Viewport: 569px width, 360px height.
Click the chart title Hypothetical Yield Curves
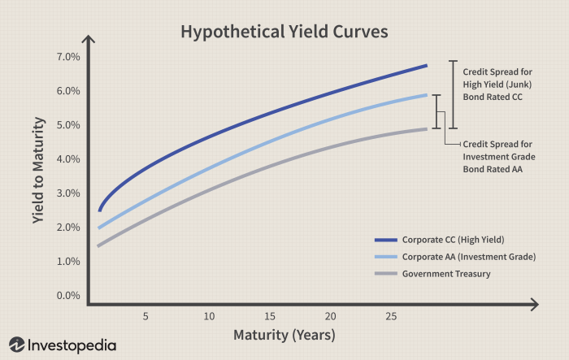[x=284, y=32]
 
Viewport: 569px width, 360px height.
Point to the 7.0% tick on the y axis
[x=68, y=57]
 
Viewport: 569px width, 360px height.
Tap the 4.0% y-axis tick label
[x=68, y=159]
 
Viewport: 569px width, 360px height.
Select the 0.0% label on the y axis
[x=68, y=296]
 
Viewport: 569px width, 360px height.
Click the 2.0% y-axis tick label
[x=68, y=228]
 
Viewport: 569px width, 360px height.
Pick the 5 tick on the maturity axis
[x=146, y=315]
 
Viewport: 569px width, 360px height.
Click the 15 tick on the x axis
[x=269, y=315]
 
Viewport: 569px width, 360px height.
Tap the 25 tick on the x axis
[x=391, y=315]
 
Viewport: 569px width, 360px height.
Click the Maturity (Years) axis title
[x=284, y=335]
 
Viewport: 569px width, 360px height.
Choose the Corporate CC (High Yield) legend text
[x=453, y=240]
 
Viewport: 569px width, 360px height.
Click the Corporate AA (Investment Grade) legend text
[x=469, y=257]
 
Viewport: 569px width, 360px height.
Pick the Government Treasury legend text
[x=446, y=274]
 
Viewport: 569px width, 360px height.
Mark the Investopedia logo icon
[x=16, y=345]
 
